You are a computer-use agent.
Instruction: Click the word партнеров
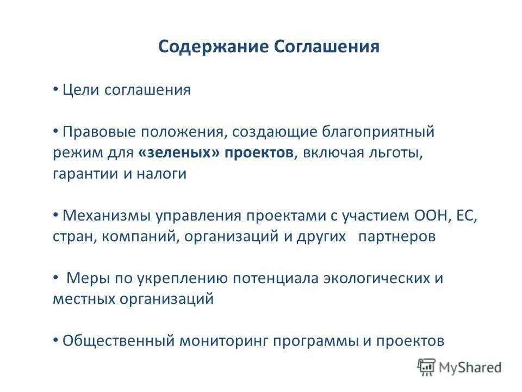pos(397,237)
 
